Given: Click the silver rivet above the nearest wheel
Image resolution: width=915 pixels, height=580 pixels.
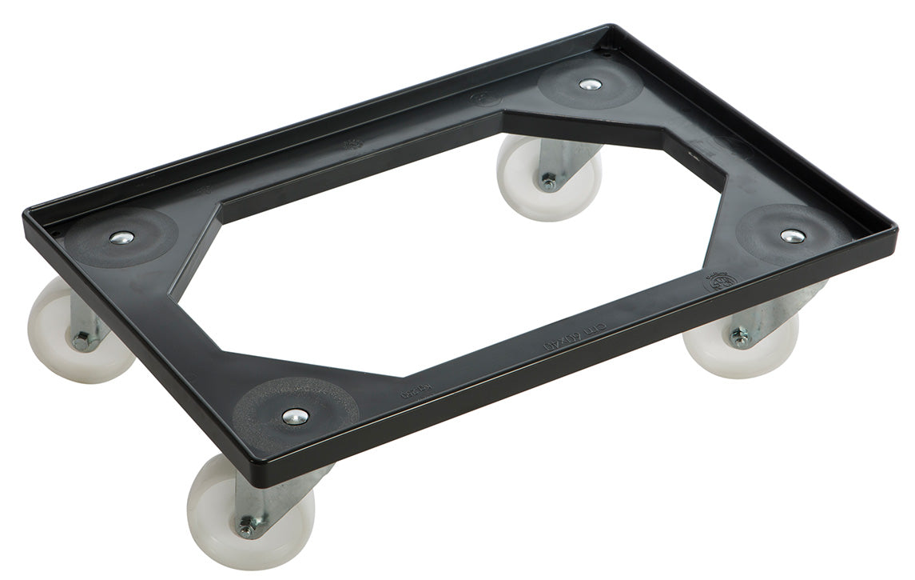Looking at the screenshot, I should [296, 416].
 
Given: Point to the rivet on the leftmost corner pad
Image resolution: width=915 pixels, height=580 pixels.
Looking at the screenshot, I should [121, 238].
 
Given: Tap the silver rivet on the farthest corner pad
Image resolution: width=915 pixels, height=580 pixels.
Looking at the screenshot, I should [590, 84].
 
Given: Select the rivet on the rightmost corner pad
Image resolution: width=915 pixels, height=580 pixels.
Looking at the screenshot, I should [791, 236].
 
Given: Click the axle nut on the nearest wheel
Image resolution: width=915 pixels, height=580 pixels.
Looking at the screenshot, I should [247, 527].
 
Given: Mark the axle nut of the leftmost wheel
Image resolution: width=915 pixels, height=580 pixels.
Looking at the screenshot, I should [81, 342].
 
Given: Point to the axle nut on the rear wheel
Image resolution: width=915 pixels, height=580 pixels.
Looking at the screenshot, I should [548, 182].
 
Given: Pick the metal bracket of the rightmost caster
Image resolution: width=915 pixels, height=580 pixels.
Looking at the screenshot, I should [767, 316].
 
